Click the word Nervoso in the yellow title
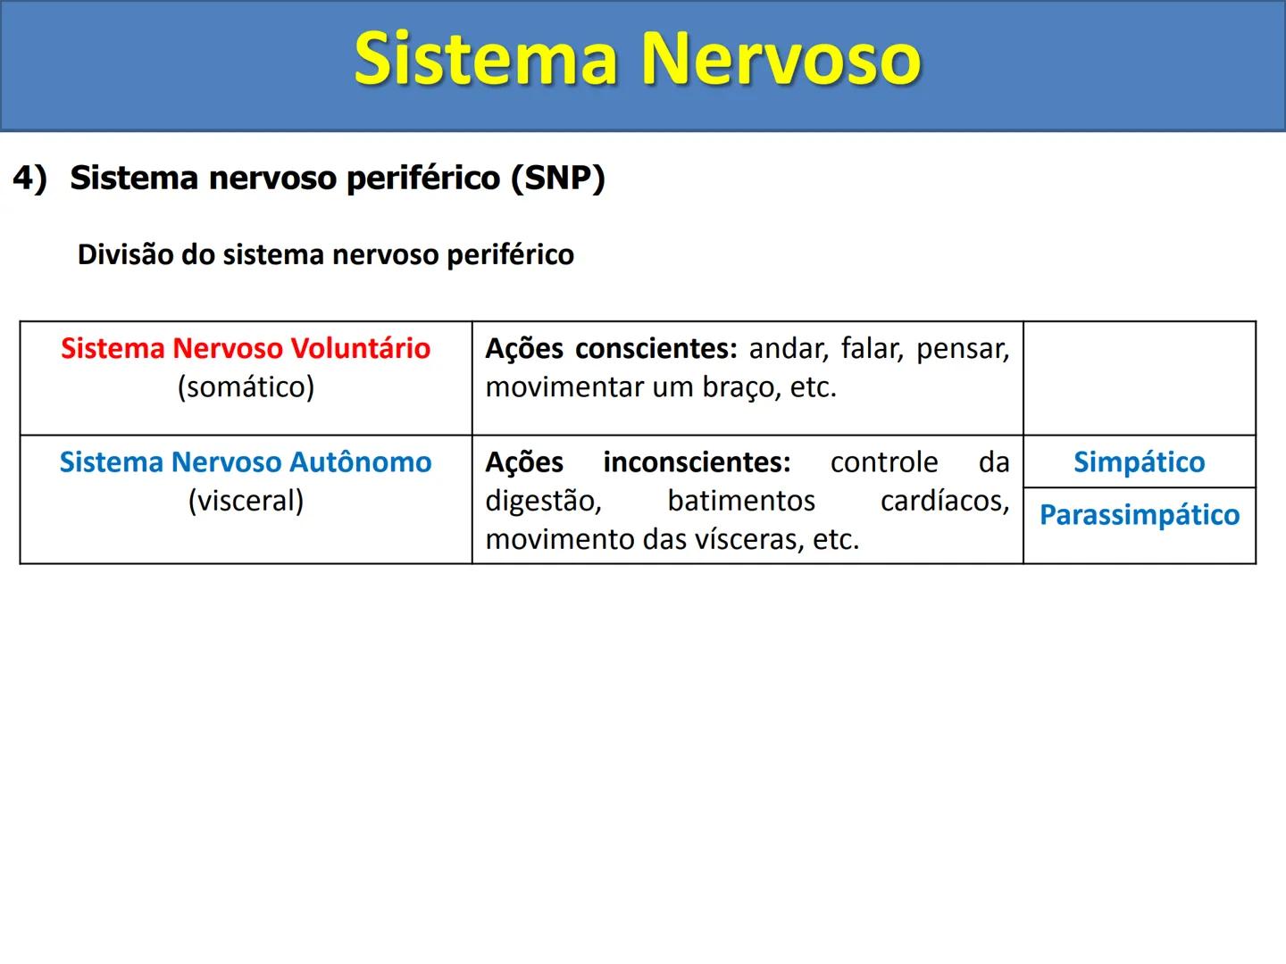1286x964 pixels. (781, 59)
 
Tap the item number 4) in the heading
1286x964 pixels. (29, 178)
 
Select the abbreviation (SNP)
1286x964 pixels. (558, 178)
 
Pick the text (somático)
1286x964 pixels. (246, 387)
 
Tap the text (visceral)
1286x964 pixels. (246, 501)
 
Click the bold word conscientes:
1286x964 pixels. (656, 348)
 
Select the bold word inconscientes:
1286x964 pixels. (697, 462)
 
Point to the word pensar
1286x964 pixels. (963, 348)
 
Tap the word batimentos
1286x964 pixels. (741, 501)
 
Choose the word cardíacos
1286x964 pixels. (944, 501)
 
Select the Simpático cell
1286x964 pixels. (1139, 462)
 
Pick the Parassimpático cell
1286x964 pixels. (1139, 515)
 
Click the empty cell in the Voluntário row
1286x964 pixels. (1139, 378)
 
